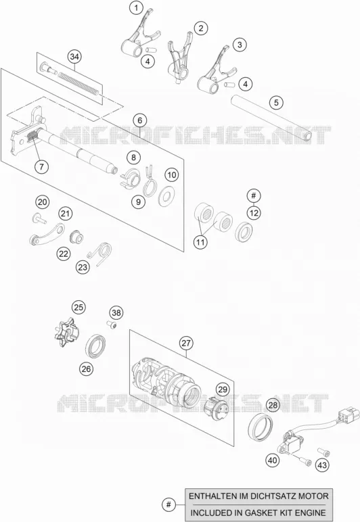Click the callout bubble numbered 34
(x=74, y=57)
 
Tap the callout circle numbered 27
(x=186, y=343)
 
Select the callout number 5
(x=276, y=102)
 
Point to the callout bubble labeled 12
(x=254, y=213)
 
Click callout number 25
(x=78, y=307)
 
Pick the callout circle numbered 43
(x=322, y=465)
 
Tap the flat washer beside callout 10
(x=166, y=196)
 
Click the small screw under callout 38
(x=112, y=324)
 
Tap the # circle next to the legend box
(x=169, y=504)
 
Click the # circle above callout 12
(x=254, y=195)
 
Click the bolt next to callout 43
(x=323, y=452)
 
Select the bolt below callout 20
(x=39, y=218)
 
